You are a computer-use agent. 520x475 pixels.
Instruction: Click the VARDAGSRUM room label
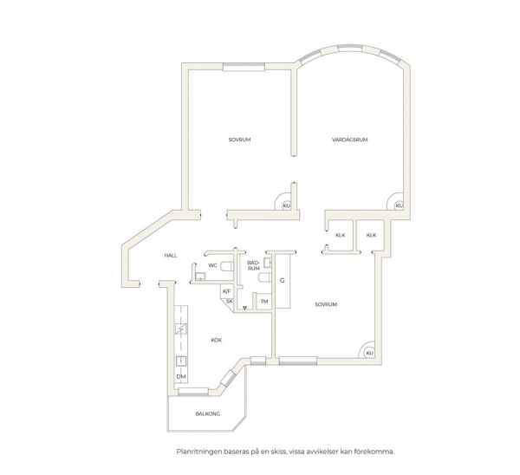[350, 140]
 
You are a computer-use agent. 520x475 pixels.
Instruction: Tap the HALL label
[171, 256]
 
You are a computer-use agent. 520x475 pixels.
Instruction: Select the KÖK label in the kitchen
[216, 340]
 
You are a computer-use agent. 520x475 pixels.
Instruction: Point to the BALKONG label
[208, 414]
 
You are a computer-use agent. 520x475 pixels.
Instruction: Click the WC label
[212, 265]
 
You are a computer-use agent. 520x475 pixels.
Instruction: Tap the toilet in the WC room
[227, 266]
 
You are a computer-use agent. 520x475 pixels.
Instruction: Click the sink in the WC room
[200, 276]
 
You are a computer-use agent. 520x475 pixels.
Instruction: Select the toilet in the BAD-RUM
[265, 278]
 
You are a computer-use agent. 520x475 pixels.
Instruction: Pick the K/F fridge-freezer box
[227, 291]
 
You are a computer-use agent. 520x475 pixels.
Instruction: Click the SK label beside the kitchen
[230, 301]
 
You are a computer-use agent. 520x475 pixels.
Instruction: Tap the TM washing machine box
[264, 302]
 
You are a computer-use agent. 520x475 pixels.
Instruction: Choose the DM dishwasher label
[181, 377]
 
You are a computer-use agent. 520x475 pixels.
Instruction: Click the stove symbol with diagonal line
[181, 329]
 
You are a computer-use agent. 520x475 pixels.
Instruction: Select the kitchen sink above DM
[181, 361]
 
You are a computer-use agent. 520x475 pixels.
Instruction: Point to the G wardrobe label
[283, 281]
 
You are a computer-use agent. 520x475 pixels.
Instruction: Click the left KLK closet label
[341, 235]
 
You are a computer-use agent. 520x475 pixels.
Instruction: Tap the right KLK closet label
[372, 235]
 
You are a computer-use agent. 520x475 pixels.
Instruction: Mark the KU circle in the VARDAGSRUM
[399, 205]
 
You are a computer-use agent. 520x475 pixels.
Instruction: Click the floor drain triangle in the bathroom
[244, 308]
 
